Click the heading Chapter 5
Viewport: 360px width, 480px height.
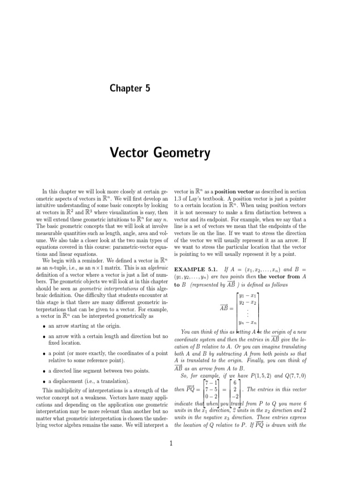coord(130,88)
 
